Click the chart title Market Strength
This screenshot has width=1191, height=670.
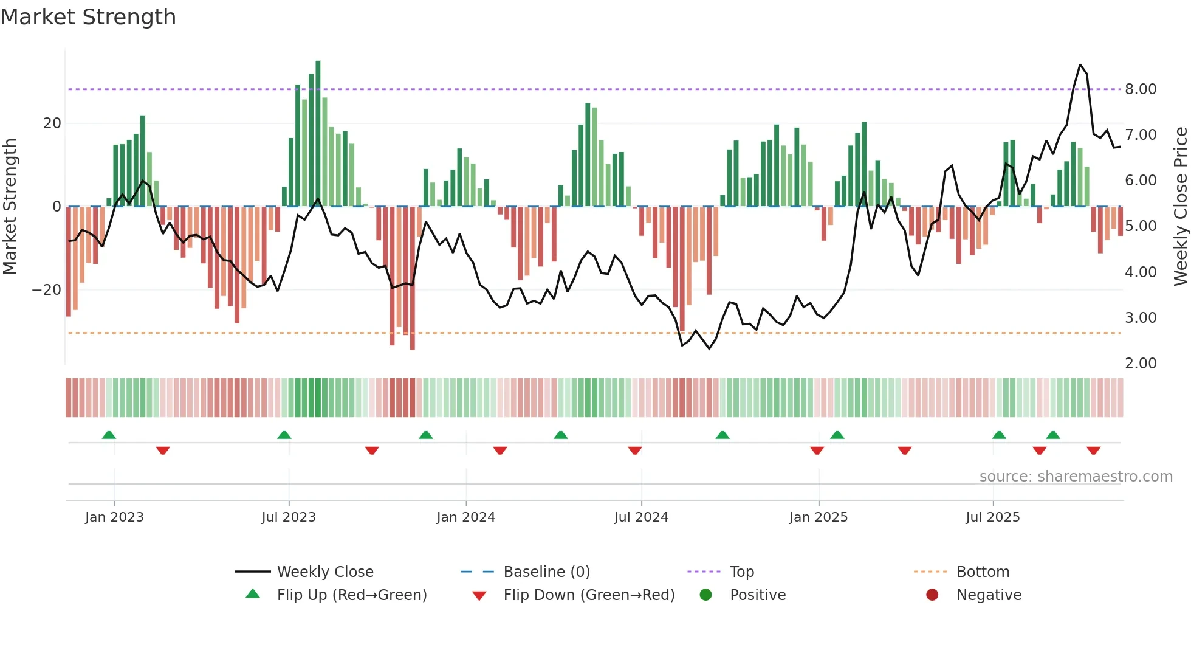(x=88, y=17)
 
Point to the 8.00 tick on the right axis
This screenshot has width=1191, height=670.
(x=1140, y=89)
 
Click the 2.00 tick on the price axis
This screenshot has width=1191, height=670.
(x=1140, y=364)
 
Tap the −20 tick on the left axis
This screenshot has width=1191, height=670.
(x=47, y=290)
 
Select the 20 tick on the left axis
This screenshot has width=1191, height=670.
(x=52, y=123)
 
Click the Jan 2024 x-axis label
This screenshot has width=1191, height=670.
(x=465, y=517)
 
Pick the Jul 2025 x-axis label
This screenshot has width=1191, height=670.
(x=992, y=517)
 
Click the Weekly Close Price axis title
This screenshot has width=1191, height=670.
(x=1180, y=207)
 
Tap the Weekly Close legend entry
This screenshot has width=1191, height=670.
(x=324, y=572)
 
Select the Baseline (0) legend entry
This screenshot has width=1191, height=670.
(x=546, y=572)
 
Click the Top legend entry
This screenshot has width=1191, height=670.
(x=741, y=572)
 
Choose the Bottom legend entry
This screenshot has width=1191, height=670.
(x=983, y=572)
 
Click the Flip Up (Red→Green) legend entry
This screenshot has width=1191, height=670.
(x=351, y=595)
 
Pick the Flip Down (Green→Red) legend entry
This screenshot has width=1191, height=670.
(x=588, y=595)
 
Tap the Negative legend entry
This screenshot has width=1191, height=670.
(x=988, y=595)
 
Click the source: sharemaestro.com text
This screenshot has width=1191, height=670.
(x=1076, y=477)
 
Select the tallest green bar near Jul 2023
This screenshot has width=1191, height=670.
(x=318, y=134)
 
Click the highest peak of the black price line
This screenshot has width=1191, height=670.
(x=1080, y=65)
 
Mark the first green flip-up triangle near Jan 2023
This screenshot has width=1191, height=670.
(x=109, y=435)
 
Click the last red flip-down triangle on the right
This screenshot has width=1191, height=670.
(x=1093, y=451)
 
